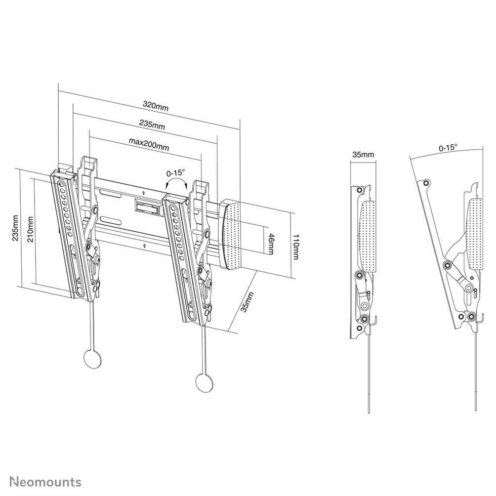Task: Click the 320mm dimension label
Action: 156,105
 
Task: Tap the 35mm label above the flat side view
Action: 363,155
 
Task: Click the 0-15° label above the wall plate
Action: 175,173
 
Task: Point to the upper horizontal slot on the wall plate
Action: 111,197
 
